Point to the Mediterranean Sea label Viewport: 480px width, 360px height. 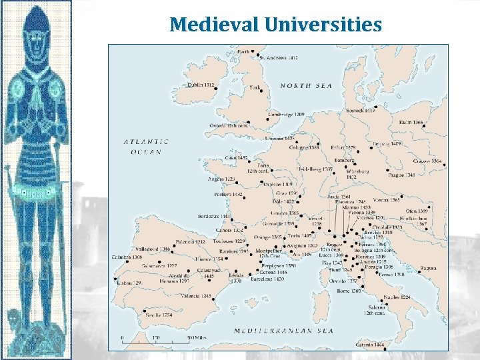click(283, 331)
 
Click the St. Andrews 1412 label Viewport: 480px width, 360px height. click(278, 58)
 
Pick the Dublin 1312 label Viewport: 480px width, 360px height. click(201, 85)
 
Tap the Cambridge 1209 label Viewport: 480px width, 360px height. click(285, 115)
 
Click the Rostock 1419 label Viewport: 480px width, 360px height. click(360, 111)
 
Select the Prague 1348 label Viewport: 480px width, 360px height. click(401, 175)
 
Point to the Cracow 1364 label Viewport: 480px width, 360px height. click(427, 161)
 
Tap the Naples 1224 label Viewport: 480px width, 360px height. click(396, 297)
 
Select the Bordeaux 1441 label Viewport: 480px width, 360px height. click(215, 217)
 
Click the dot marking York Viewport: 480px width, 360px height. click(262, 91)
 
